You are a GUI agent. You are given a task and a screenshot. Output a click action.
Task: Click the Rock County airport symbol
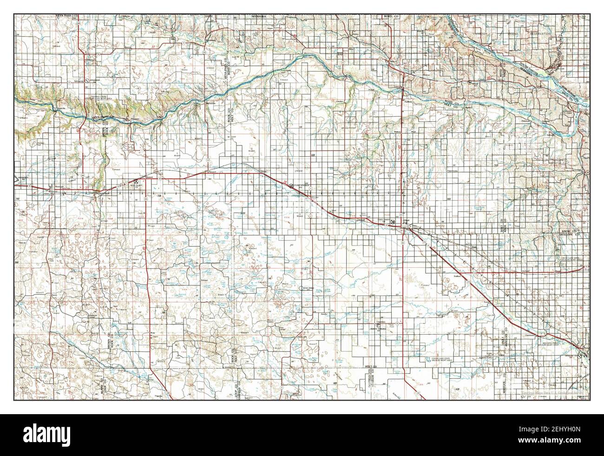click(x=136, y=181)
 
